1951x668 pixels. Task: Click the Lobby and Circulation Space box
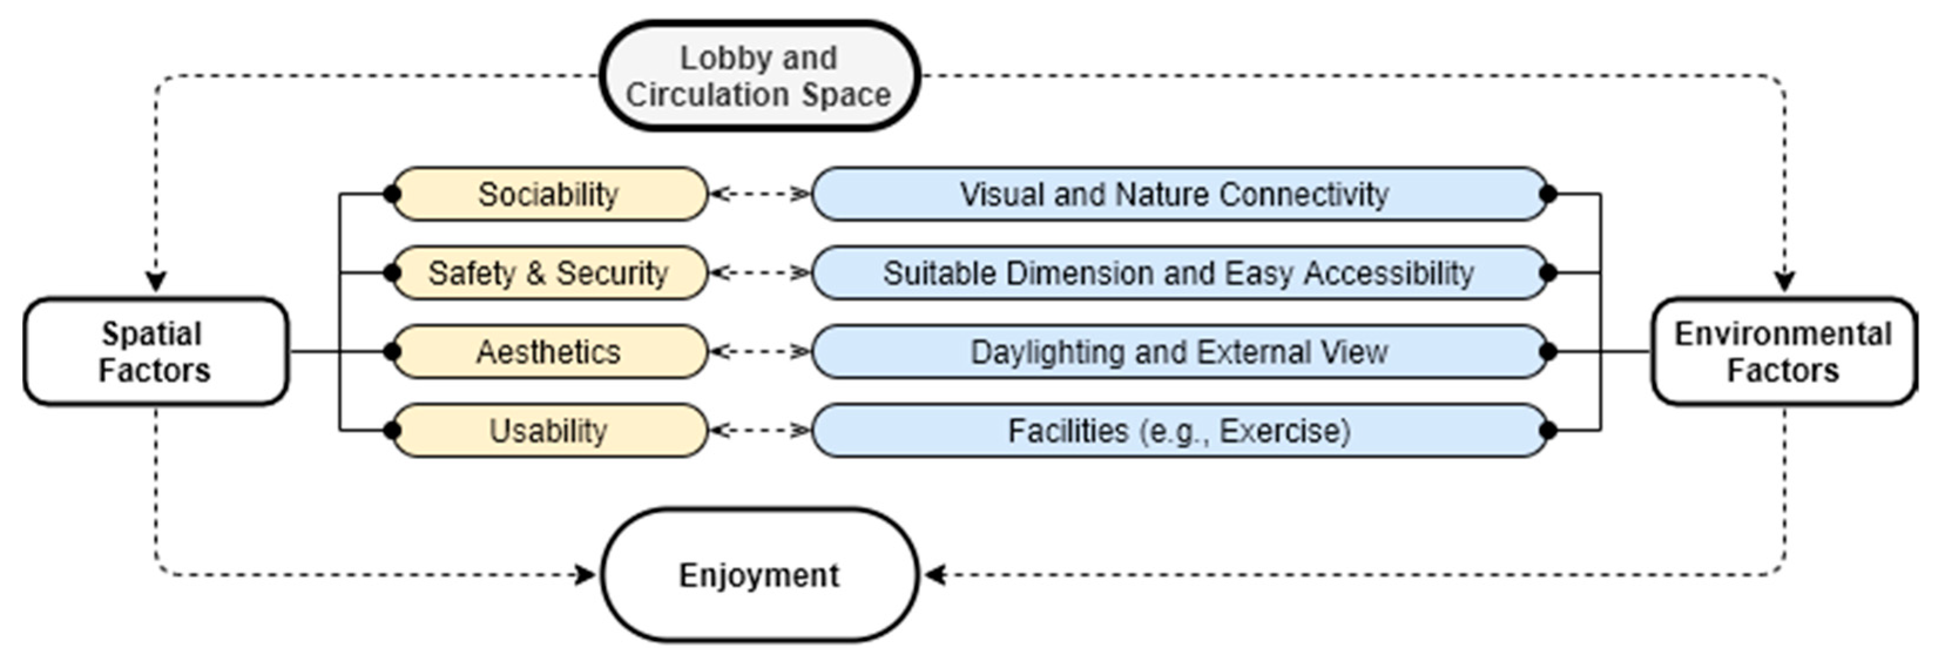point(759,76)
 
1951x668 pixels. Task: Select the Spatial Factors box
point(155,351)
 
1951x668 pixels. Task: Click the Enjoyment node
point(759,575)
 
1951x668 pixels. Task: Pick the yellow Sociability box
point(549,195)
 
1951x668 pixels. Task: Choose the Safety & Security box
point(549,273)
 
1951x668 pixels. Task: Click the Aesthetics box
point(549,351)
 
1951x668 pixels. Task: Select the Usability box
point(549,430)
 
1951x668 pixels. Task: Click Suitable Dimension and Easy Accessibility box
point(1178,273)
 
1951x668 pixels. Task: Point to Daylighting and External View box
point(1178,351)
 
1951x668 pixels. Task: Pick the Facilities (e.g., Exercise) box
point(1178,430)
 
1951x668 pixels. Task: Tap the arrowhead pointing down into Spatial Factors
point(156,283)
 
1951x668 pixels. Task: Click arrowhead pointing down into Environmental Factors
point(1784,283)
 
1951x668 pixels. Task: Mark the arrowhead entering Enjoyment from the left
point(586,575)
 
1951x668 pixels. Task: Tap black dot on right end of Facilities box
point(1548,430)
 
